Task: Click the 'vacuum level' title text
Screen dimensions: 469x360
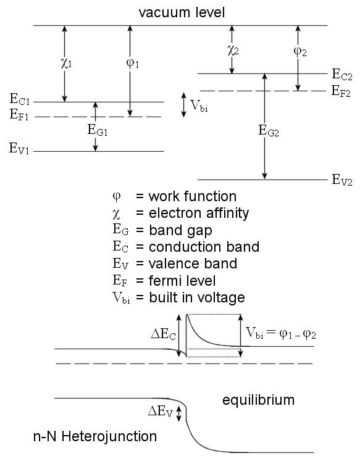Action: pos(180,12)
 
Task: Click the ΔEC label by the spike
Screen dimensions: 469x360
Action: pos(164,334)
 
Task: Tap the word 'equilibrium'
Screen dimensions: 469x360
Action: pos(258,400)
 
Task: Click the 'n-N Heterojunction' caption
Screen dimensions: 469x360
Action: pos(94,437)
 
